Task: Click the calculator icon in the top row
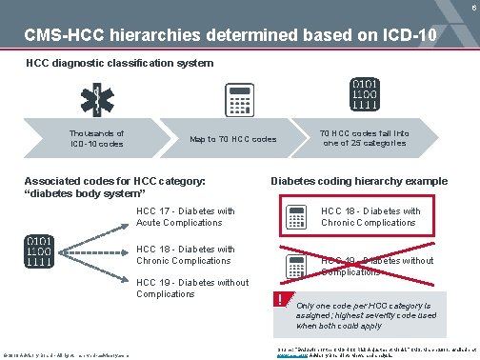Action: point(234,101)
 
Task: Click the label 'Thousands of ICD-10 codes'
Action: point(96,139)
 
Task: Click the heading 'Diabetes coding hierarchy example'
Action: point(359,181)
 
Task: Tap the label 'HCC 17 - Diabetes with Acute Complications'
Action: point(186,216)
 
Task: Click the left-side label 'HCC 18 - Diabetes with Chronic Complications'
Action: point(186,254)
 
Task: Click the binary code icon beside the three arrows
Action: point(39,250)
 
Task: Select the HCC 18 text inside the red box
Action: point(370,216)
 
